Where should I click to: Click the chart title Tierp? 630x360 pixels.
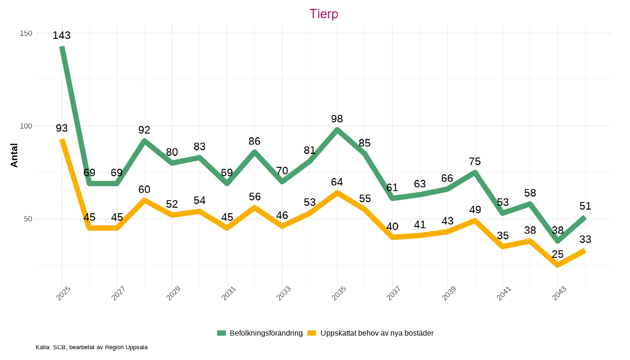[x=323, y=14]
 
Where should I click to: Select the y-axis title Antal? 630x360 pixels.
[x=14, y=155]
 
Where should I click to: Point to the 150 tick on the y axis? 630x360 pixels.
[x=26, y=33]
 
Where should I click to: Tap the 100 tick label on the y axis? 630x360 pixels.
[x=26, y=126]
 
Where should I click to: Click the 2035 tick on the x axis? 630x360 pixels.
[x=338, y=292]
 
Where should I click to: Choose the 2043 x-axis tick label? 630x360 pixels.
[x=559, y=292]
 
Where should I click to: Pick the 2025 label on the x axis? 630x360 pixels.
[x=63, y=292]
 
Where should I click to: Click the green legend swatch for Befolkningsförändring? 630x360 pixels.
[x=221, y=333]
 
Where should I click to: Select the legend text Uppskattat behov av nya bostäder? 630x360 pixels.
[x=377, y=333]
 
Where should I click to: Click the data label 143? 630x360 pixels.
[x=61, y=36]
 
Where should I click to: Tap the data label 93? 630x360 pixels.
[x=61, y=128]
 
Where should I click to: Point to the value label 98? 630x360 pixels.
[x=337, y=119]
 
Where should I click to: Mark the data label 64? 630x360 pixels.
[x=337, y=182]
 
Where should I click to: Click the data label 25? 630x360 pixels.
[x=557, y=254]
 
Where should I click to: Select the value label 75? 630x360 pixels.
[x=475, y=161]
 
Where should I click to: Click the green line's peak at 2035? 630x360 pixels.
[x=337, y=130]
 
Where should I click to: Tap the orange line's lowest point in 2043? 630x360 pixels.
[x=557, y=265]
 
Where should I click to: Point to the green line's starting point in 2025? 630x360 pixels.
[x=62, y=47]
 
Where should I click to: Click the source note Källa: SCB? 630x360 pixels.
[x=91, y=347]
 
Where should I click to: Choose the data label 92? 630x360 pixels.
[x=144, y=130]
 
